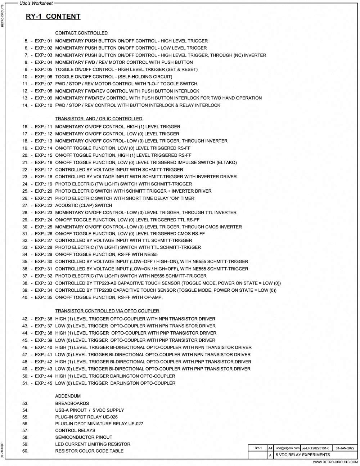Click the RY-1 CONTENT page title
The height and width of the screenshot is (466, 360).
pyautogui.click(x=53, y=17)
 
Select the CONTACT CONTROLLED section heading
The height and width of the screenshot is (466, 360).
pyautogui.click(x=81, y=33)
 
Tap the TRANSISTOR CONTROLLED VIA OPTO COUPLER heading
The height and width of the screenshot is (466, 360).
pyautogui.click(x=107, y=311)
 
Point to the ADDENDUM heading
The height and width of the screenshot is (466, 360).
pyautogui.click(x=68, y=396)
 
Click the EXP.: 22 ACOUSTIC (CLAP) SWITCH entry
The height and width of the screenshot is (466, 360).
pyautogui.click(x=84, y=206)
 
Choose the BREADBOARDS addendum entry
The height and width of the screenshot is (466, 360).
pyautogui.click(x=72, y=403)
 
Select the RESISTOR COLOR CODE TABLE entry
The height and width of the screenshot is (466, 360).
pyautogui.click(x=89, y=451)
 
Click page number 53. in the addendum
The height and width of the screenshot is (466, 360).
pyautogui.click(x=25, y=403)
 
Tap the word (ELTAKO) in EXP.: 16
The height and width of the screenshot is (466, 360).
pyautogui.click(x=227, y=162)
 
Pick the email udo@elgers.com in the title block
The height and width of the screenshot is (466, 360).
pyautogui.click(x=287, y=448)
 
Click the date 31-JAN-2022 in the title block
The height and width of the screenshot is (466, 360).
pyautogui.click(x=345, y=448)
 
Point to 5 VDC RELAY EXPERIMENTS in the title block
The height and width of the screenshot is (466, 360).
pyautogui.click(x=303, y=455)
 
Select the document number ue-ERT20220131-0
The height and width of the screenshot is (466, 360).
pyautogui.click(x=315, y=448)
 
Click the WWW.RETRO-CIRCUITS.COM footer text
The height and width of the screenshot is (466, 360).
pyautogui.click(x=335, y=462)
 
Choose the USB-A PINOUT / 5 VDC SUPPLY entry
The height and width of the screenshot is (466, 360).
pyautogui.click(x=89, y=410)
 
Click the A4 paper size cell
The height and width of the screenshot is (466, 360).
pyautogui.click(x=270, y=448)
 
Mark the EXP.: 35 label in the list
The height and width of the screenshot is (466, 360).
pyautogui.click(x=44, y=297)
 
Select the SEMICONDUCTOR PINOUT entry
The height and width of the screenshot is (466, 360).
pyautogui.click(x=84, y=437)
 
